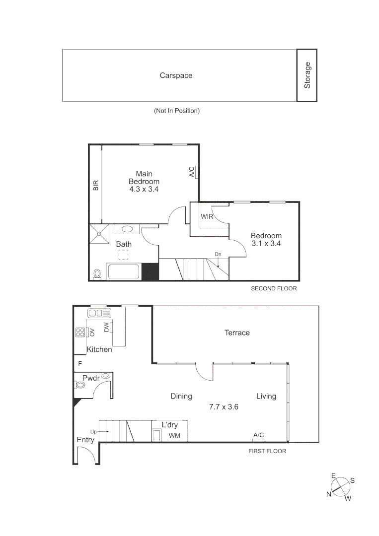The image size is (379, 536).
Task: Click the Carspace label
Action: [x=176, y=76]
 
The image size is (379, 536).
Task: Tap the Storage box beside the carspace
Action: [x=307, y=75]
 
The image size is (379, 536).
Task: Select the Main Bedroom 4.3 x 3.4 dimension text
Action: [x=144, y=189]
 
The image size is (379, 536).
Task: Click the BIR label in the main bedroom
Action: [x=96, y=186]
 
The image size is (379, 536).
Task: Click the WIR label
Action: [x=207, y=217]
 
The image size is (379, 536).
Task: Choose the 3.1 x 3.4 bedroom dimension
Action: [x=266, y=244]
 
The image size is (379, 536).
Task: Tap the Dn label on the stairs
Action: [x=218, y=254]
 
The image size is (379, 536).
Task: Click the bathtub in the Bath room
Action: [x=124, y=272]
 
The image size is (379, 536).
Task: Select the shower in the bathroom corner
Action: [x=99, y=233]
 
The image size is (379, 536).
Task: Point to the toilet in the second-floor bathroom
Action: [x=97, y=274]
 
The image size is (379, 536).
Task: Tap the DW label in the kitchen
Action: [x=106, y=328]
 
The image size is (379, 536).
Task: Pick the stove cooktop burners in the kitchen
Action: [x=80, y=333]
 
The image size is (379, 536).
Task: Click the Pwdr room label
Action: [x=91, y=378]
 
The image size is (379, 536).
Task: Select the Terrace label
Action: [x=237, y=333]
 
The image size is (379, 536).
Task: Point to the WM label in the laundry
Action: [x=174, y=436]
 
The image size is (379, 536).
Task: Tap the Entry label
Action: [x=85, y=440]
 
